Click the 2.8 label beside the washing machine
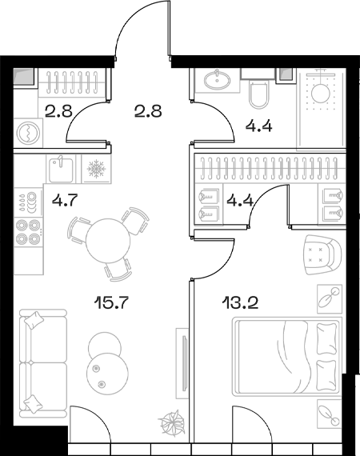pyautogui.click(x=58, y=111)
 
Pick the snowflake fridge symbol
pyautogui.click(x=96, y=170)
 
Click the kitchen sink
pyautogui.click(x=58, y=169)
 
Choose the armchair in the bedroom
pyautogui.click(x=321, y=255)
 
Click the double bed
pyautogui.click(x=286, y=356)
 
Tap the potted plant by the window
pyautogui.click(x=171, y=422)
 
